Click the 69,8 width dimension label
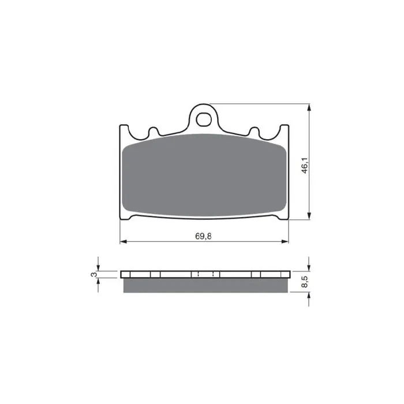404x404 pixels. pos(203,236)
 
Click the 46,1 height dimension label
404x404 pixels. pos(305,166)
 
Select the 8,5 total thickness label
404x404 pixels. pos(305,282)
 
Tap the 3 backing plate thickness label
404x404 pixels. pos(94,274)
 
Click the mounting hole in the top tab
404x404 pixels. pos(204,119)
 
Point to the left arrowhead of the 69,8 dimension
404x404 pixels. pos(124,242)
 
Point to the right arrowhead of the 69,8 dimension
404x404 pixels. pos(285,242)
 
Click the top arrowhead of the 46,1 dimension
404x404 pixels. pos(309,107)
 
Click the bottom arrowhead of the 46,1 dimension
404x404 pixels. pos(309,216)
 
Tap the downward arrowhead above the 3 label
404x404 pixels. pos(98,267)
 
